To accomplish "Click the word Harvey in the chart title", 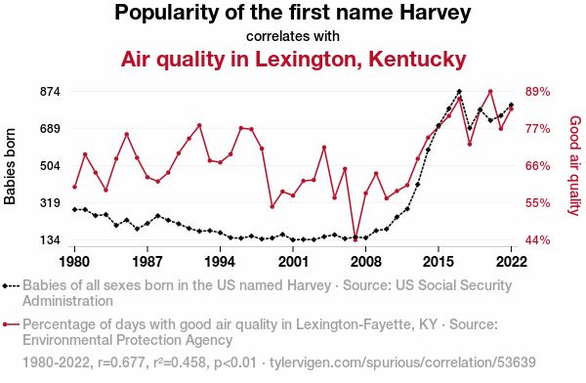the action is coord(436,14).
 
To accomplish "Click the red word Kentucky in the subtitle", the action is coord(417,60).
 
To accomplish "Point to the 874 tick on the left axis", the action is coord(50,92).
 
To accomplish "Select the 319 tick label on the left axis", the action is coord(50,203).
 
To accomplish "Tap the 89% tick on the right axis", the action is coord(538,92).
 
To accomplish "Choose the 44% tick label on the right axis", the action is coord(538,240).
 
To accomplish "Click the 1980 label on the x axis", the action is coord(74,262).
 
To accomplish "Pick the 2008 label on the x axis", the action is coord(366,262).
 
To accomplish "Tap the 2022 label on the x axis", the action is coord(511,262).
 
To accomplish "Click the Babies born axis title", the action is coord(10,166).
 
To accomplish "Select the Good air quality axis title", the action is coord(575,166).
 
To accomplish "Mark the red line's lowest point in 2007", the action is coord(356,239).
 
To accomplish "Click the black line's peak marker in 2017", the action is coord(459,92).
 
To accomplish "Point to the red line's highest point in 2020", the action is coord(490,92).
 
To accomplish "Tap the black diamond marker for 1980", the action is coord(75,209).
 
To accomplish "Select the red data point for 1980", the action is coord(75,187).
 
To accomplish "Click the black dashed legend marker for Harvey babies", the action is coord(11,286).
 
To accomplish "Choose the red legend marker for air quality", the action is coord(11,324).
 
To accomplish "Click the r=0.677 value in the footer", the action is coord(121,362).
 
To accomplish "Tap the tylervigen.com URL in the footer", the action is coord(402,362).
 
